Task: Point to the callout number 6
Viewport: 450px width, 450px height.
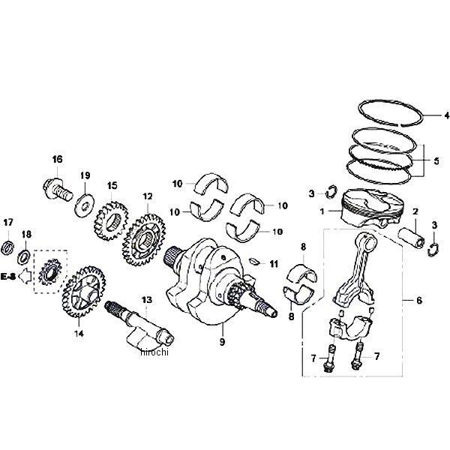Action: tap(418, 300)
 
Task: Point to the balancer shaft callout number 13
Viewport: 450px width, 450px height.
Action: tap(146, 299)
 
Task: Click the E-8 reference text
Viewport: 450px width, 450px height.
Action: tap(10, 277)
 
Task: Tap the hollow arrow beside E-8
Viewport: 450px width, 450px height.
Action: tap(25, 277)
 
